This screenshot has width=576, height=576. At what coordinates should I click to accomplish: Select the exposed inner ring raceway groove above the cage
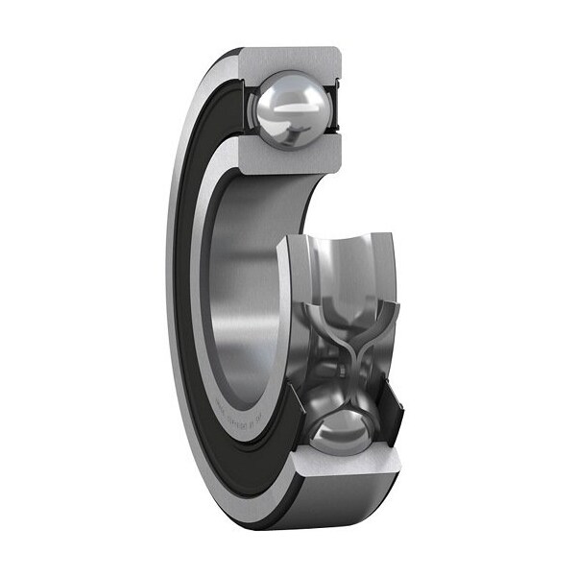point(336,269)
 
